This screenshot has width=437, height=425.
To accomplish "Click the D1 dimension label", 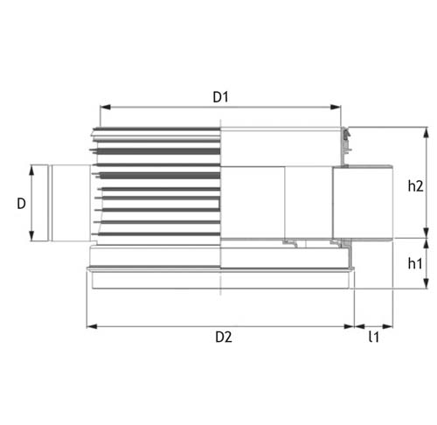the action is click(220, 97).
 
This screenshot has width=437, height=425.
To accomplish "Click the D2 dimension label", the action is click(224, 338).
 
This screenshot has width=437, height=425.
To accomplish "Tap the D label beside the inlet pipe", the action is click(21, 204).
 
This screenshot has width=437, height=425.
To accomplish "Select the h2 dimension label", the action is click(415, 186).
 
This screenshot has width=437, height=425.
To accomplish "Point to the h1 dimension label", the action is click(415, 263).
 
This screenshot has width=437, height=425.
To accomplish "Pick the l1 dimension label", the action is click(374, 337).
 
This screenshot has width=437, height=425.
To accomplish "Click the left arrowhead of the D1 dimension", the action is click(105, 107).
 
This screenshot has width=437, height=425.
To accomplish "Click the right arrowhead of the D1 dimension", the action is click(336, 107).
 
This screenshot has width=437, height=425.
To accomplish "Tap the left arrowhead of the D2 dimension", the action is click(92, 326).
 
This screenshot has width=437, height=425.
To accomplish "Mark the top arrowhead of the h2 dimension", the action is click(426, 133).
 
